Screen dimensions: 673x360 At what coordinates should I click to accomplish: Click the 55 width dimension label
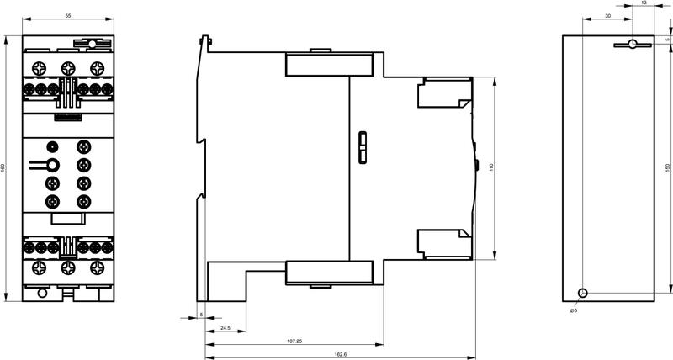pyautogui.click(x=68, y=15)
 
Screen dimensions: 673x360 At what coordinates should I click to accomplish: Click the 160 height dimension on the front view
pyautogui.click(x=3, y=167)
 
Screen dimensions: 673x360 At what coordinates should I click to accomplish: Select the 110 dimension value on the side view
pyautogui.click(x=492, y=167)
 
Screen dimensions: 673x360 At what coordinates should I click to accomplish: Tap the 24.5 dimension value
pyautogui.click(x=225, y=328)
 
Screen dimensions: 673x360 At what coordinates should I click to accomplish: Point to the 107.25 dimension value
pyautogui.click(x=294, y=341)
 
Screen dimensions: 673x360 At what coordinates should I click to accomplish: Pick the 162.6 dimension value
pyautogui.click(x=340, y=354)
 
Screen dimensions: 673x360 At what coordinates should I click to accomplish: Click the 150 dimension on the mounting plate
pyautogui.click(x=667, y=167)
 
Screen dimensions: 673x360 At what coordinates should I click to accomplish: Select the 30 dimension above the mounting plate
pyautogui.click(x=607, y=15)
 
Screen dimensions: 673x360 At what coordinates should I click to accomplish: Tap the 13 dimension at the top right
pyautogui.click(x=644, y=3)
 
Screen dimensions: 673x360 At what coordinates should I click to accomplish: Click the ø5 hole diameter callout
pyautogui.click(x=574, y=310)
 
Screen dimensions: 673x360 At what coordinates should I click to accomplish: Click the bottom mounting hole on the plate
pyautogui.click(x=583, y=293)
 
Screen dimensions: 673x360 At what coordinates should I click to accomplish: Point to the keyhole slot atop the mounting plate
pyautogui.click(x=633, y=45)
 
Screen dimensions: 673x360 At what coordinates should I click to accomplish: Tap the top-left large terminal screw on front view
pyautogui.click(x=39, y=68)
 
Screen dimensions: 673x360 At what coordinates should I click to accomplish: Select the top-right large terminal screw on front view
pyautogui.click(x=97, y=68)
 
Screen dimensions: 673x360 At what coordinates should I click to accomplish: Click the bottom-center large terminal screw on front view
pyautogui.click(x=68, y=268)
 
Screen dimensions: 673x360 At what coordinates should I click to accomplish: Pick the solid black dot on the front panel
pyautogui.click(x=52, y=146)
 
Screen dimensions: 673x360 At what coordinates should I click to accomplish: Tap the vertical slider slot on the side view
pyautogui.click(x=363, y=147)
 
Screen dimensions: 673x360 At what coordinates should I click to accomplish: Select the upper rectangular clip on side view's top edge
pyautogui.click(x=329, y=64)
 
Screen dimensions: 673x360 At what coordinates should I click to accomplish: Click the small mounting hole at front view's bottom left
pyautogui.click(x=42, y=293)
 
